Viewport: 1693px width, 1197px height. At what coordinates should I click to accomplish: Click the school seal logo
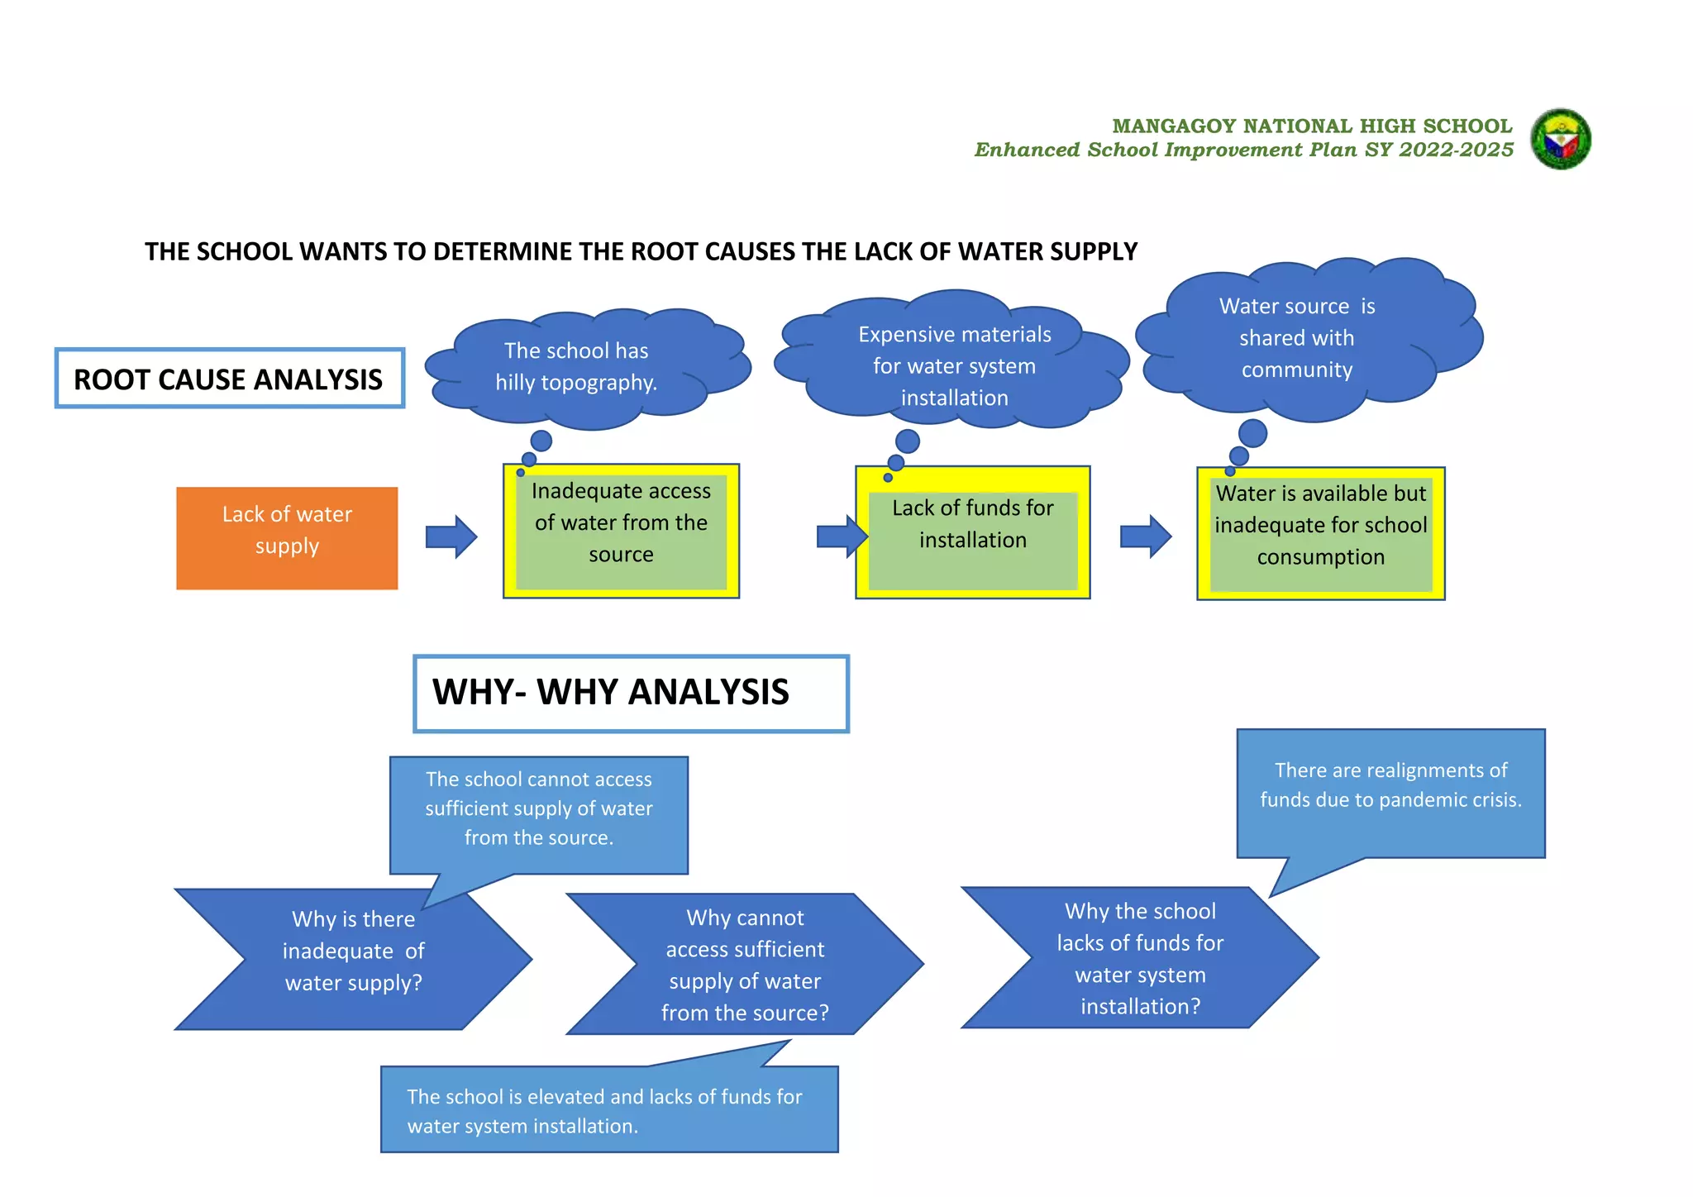click(x=1560, y=139)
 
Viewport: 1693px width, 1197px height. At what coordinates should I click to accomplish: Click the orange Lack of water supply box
click(x=287, y=537)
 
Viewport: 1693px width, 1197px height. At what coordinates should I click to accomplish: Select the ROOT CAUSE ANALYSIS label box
click(x=229, y=379)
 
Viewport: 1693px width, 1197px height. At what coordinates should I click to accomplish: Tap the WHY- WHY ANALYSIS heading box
click(x=631, y=694)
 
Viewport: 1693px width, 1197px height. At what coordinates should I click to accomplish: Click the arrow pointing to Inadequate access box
click(x=451, y=537)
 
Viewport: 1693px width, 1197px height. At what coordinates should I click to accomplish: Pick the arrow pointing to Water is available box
click(x=1145, y=537)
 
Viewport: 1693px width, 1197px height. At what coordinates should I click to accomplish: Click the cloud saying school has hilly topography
click(x=579, y=368)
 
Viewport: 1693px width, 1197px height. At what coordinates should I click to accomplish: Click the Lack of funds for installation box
click(x=972, y=533)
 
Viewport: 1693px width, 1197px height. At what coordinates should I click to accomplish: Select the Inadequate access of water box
click(x=621, y=531)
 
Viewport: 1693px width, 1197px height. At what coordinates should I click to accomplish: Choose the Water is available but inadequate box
click(x=1320, y=533)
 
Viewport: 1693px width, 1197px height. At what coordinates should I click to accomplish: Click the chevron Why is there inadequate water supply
click(x=354, y=959)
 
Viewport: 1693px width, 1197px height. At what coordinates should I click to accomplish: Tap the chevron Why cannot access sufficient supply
click(x=744, y=964)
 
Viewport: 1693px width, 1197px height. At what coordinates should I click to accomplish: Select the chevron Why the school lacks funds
click(x=1140, y=958)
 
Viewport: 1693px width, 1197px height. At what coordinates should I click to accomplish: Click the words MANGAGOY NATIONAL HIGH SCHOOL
click(x=1311, y=126)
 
